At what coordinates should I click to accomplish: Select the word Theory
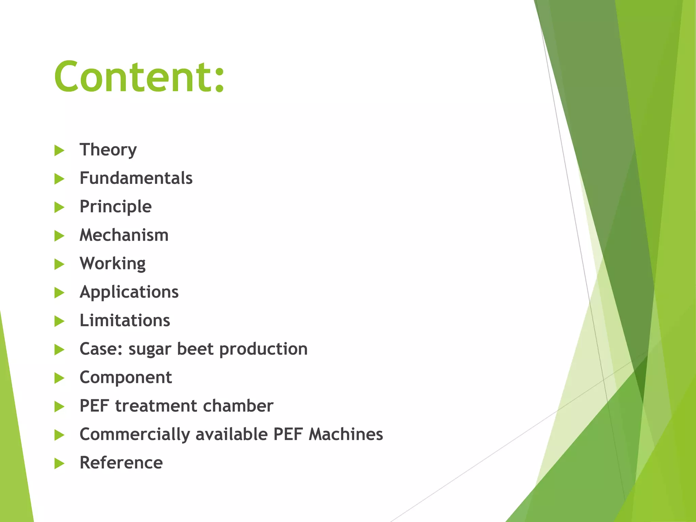pyautogui.click(x=108, y=150)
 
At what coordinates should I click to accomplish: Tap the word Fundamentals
pyautogui.click(x=136, y=178)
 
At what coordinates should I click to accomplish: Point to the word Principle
pyautogui.click(x=116, y=207)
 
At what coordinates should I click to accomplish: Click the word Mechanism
pyautogui.click(x=124, y=235)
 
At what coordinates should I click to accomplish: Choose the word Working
pyautogui.click(x=112, y=264)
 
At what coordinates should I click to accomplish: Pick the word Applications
pyautogui.click(x=129, y=292)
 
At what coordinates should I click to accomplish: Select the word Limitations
pyautogui.click(x=125, y=320)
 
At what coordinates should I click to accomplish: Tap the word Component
pyautogui.click(x=126, y=377)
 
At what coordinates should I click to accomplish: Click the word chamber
pyautogui.click(x=238, y=406)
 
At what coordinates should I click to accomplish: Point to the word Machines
pyautogui.click(x=346, y=434)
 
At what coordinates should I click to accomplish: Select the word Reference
pyautogui.click(x=121, y=463)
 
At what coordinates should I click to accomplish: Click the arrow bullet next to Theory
pyautogui.click(x=59, y=150)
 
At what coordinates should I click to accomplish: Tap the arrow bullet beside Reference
pyautogui.click(x=59, y=463)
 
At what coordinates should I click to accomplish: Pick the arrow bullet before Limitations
pyautogui.click(x=59, y=321)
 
